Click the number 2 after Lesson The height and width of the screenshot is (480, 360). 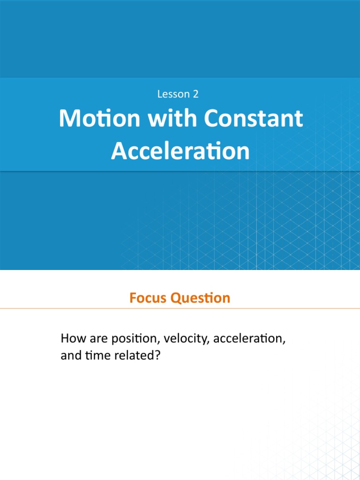pyautogui.click(x=195, y=94)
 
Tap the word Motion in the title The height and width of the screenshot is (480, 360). pyautogui.click(x=99, y=119)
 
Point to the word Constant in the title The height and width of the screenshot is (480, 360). pyautogui.click(x=253, y=119)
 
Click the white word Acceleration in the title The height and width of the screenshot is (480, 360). pyautogui.click(x=180, y=151)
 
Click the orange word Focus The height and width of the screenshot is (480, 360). pyautogui.click(x=149, y=298)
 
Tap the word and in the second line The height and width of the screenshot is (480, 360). pyautogui.click(x=70, y=356)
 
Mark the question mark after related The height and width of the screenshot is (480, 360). pyautogui.click(x=158, y=356)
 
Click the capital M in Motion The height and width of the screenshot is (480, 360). pyautogui.click(x=68, y=119)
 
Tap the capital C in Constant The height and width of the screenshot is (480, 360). pyautogui.click(x=211, y=119)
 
